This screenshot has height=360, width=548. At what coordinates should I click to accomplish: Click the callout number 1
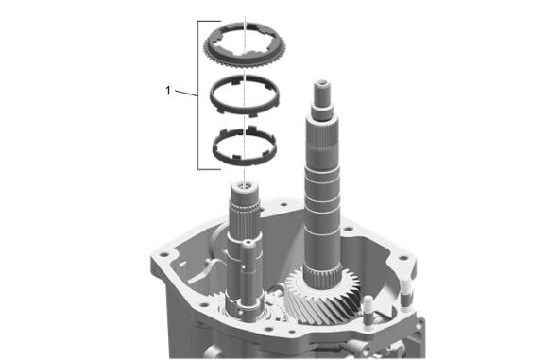tap(168, 91)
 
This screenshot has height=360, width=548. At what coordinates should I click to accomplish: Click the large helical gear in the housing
tap(323, 300)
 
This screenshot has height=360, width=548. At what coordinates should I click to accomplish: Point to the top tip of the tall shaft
tap(322, 81)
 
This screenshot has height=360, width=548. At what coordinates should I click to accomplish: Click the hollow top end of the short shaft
tap(245, 185)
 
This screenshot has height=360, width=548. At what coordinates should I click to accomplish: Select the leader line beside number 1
tap(186, 94)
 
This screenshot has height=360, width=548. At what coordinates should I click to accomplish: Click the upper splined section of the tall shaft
tap(322, 136)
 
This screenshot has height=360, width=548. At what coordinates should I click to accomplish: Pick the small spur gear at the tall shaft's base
tap(322, 276)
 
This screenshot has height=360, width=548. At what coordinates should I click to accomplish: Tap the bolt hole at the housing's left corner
tap(163, 254)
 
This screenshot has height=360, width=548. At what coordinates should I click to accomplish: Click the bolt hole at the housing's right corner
tap(403, 258)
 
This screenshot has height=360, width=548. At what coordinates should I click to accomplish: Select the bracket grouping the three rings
tap(199, 95)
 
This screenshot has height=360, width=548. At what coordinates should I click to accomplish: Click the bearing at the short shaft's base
tap(245, 314)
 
